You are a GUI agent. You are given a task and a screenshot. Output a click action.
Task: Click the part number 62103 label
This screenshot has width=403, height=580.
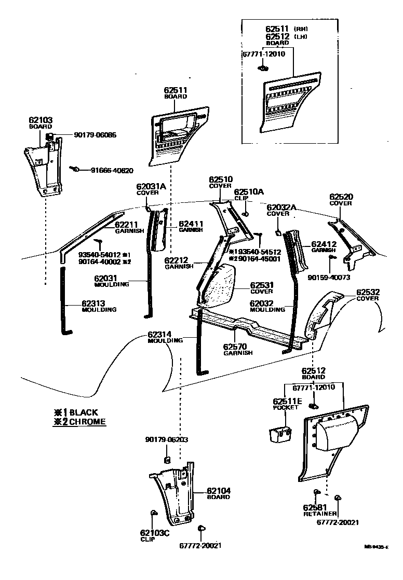coord(40,120)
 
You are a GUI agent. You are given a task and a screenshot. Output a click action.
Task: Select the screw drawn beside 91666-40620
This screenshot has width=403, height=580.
coord(76,169)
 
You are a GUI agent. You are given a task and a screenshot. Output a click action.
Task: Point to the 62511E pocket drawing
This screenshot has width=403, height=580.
coord(279,433)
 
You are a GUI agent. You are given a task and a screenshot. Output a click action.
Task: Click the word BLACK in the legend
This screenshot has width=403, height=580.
coord(83,412)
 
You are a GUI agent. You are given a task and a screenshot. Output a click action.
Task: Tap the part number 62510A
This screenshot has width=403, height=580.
coord(249,191)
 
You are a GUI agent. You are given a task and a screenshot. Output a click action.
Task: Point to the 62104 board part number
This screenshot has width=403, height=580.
coord(219,490)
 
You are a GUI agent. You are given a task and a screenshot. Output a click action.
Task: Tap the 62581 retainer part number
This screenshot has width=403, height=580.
coord(315,507)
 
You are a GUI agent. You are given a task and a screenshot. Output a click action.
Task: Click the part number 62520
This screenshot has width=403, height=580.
coord(340,197)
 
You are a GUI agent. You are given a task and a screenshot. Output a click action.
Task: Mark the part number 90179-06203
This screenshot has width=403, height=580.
coord(166,440)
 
